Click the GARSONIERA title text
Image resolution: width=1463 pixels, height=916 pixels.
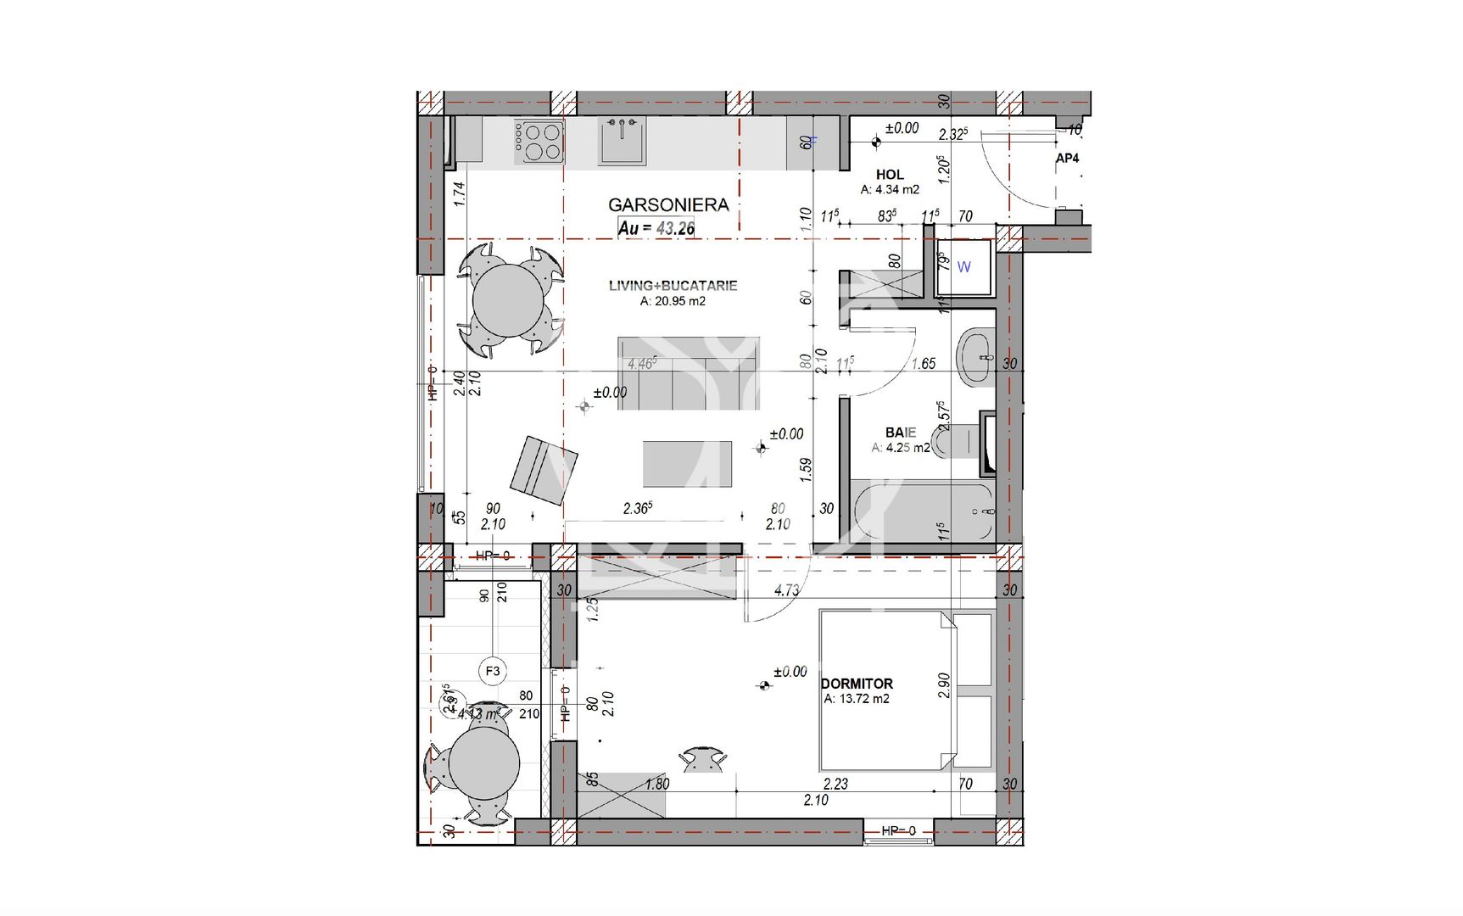click(x=668, y=204)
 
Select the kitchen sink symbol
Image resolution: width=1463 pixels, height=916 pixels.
click(x=623, y=141)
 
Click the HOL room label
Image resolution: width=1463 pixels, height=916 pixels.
click(x=890, y=175)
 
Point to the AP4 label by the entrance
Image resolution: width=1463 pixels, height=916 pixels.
click(x=1067, y=159)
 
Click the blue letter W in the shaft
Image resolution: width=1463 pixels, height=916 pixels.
click(x=963, y=267)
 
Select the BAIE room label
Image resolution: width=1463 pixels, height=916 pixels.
click(x=900, y=433)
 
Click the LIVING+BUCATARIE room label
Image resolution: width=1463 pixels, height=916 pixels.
click(x=673, y=286)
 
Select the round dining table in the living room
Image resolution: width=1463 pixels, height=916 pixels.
click(x=509, y=300)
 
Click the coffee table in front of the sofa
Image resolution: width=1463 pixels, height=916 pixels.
click(x=687, y=464)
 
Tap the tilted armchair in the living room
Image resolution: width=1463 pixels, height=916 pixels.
click(x=543, y=470)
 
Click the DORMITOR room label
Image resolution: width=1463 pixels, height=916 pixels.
click(x=857, y=684)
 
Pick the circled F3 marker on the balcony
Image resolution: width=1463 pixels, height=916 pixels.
click(x=493, y=671)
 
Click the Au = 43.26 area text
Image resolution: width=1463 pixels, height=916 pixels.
click(x=656, y=227)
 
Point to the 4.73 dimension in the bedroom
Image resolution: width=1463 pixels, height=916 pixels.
click(x=786, y=590)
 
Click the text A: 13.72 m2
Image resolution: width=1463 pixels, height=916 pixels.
click(x=857, y=699)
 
